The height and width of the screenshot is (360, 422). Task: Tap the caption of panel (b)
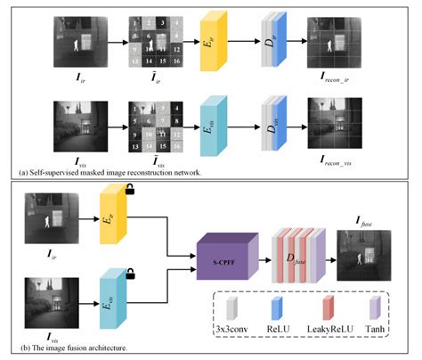(x=70, y=346)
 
